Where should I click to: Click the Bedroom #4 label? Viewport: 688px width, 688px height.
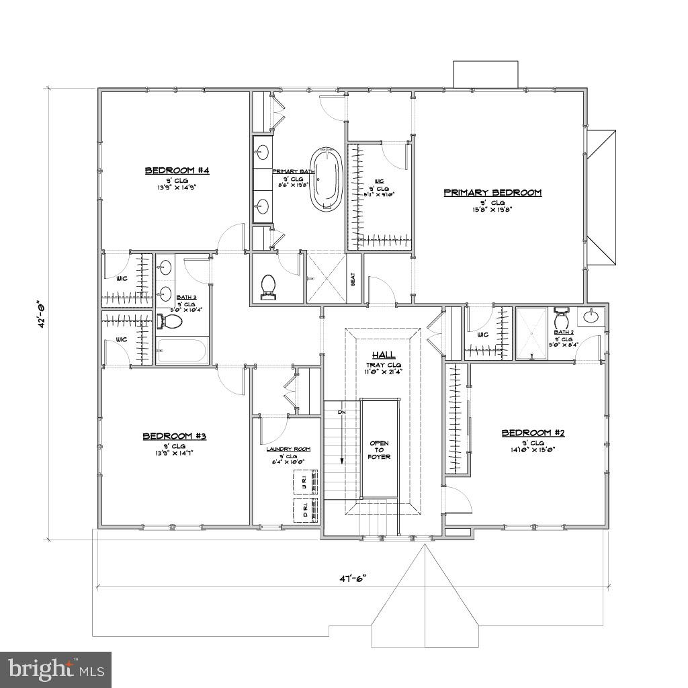point(177,171)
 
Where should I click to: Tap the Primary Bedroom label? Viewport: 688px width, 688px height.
point(492,193)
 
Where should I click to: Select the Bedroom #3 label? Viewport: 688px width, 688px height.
point(174,437)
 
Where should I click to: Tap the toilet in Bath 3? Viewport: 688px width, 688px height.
point(171,322)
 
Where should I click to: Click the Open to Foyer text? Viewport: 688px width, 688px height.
point(380,450)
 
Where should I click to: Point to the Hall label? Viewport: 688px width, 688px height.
point(384,355)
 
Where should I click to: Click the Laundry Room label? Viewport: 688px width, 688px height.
point(288,449)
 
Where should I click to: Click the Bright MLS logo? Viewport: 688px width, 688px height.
point(56,669)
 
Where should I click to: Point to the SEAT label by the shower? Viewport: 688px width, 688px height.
point(353,278)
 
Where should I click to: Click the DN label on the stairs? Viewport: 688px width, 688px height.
point(341,411)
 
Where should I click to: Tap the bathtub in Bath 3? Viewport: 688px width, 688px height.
point(182,351)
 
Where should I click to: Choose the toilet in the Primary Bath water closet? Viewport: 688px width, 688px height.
point(269,285)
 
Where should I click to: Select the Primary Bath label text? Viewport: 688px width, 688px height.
point(294,172)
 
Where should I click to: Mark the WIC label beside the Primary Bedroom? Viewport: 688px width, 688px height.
point(380,181)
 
